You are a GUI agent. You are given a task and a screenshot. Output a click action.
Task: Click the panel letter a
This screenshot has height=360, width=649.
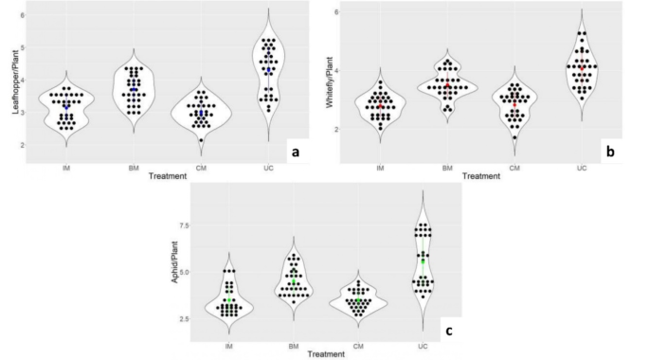point(296,151)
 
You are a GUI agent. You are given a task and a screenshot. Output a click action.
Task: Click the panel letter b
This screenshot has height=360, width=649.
point(610,150)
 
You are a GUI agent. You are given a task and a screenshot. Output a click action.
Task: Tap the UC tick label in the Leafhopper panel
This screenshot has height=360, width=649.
point(269,168)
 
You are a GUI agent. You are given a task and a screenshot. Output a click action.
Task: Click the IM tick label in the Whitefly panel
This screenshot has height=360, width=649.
point(380,168)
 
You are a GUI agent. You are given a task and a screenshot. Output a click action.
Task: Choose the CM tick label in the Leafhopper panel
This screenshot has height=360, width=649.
point(201,168)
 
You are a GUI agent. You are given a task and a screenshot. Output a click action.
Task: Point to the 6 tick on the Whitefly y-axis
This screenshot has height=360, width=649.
point(337,11)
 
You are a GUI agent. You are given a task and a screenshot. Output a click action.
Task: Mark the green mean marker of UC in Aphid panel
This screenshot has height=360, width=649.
point(423,261)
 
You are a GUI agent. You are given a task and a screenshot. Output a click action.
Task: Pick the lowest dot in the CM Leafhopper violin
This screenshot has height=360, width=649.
point(201,140)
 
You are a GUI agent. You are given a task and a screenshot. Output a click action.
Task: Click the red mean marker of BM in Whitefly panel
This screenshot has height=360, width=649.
point(448,86)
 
